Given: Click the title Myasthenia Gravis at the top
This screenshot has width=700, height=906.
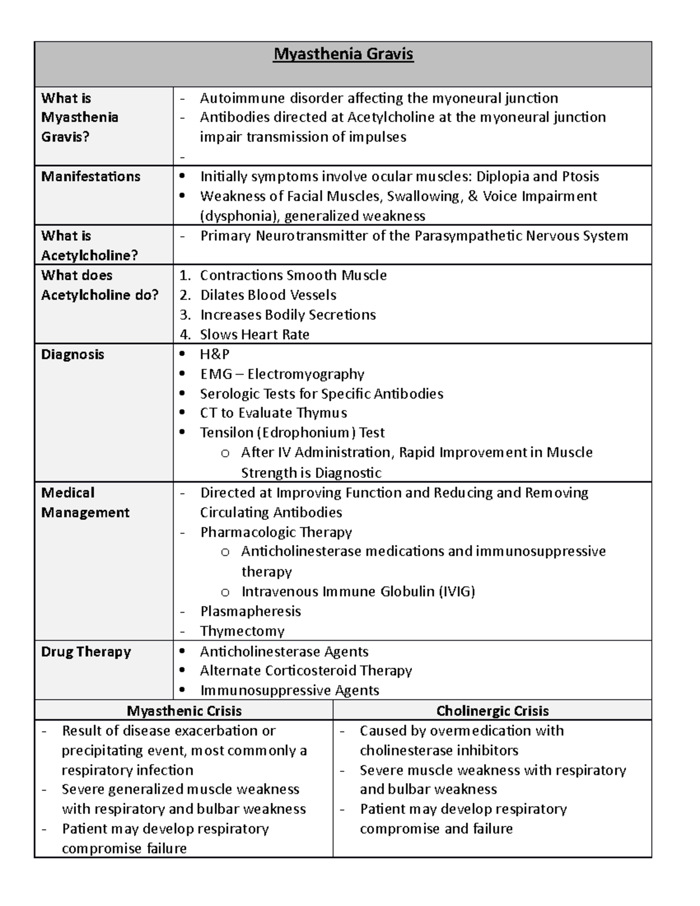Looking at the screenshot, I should pyautogui.click(x=344, y=55).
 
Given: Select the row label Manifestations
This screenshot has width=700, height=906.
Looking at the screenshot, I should pyautogui.click(x=90, y=177).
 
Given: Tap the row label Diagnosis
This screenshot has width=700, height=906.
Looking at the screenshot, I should pyautogui.click(x=72, y=355).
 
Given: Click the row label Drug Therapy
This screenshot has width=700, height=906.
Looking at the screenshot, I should pyautogui.click(x=86, y=652).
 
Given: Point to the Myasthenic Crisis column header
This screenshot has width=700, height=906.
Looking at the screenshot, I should pyautogui.click(x=184, y=711).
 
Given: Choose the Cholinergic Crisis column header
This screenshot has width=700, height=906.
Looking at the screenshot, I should pyautogui.click(x=492, y=711).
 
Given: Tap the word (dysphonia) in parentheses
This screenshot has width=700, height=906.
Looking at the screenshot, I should pyautogui.click(x=239, y=216).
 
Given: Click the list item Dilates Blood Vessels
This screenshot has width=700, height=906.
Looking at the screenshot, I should pyautogui.click(x=268, y=295).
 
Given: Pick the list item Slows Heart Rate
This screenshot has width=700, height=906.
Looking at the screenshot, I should pyautogui.click(x=254, y=335).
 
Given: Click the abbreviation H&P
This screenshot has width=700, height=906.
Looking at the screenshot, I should pyautogui.click(x=215, y=355).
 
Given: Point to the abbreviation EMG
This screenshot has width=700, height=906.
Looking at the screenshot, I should pyautogui.click(x=216, y=374).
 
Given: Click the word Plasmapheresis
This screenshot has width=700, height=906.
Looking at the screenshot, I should pyautogui.click(x=250, y=611).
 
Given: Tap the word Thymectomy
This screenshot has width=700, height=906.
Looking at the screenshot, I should pyautogui.click(x=242, y=631).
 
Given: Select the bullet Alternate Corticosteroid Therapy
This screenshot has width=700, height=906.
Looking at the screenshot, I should pyautogui.click(x=306, y=671).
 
